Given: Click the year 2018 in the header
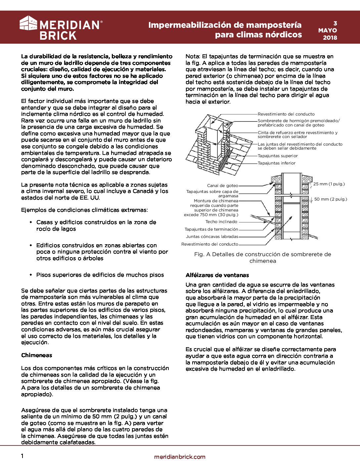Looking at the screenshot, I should coord(330,37).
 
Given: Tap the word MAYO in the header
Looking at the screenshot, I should coord(328,30).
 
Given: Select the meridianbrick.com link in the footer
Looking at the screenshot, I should coord(180,457).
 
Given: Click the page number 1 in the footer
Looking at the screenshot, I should coord(22,456).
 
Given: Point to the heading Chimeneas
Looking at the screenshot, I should coord(37,355).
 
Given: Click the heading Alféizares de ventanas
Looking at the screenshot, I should coord(217,275).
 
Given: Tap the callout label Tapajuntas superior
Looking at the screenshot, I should coord(278,156).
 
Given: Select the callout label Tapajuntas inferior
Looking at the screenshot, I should coord(277,163).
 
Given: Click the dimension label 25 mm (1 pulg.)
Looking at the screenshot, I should coord(329,184).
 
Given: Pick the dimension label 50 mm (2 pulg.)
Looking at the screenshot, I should coord(331,199).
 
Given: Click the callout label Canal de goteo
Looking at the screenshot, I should coord(223,186).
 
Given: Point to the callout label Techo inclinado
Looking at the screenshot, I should coord(221,222).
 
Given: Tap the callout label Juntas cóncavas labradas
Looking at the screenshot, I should coord(212,237).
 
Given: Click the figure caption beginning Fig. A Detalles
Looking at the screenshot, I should coord(263,257).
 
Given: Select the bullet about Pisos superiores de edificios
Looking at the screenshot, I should coord(100,275).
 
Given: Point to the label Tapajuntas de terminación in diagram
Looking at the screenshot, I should coord(211,229).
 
